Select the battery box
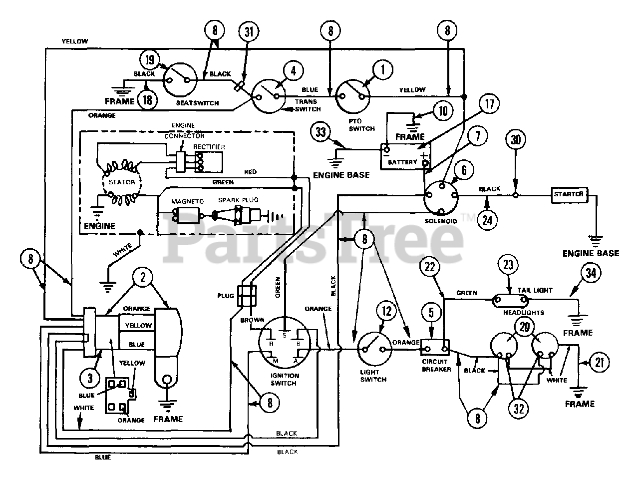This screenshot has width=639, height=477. [405, 156]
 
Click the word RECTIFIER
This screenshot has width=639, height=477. [209, 147]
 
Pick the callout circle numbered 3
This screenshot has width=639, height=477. [90, 378]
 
